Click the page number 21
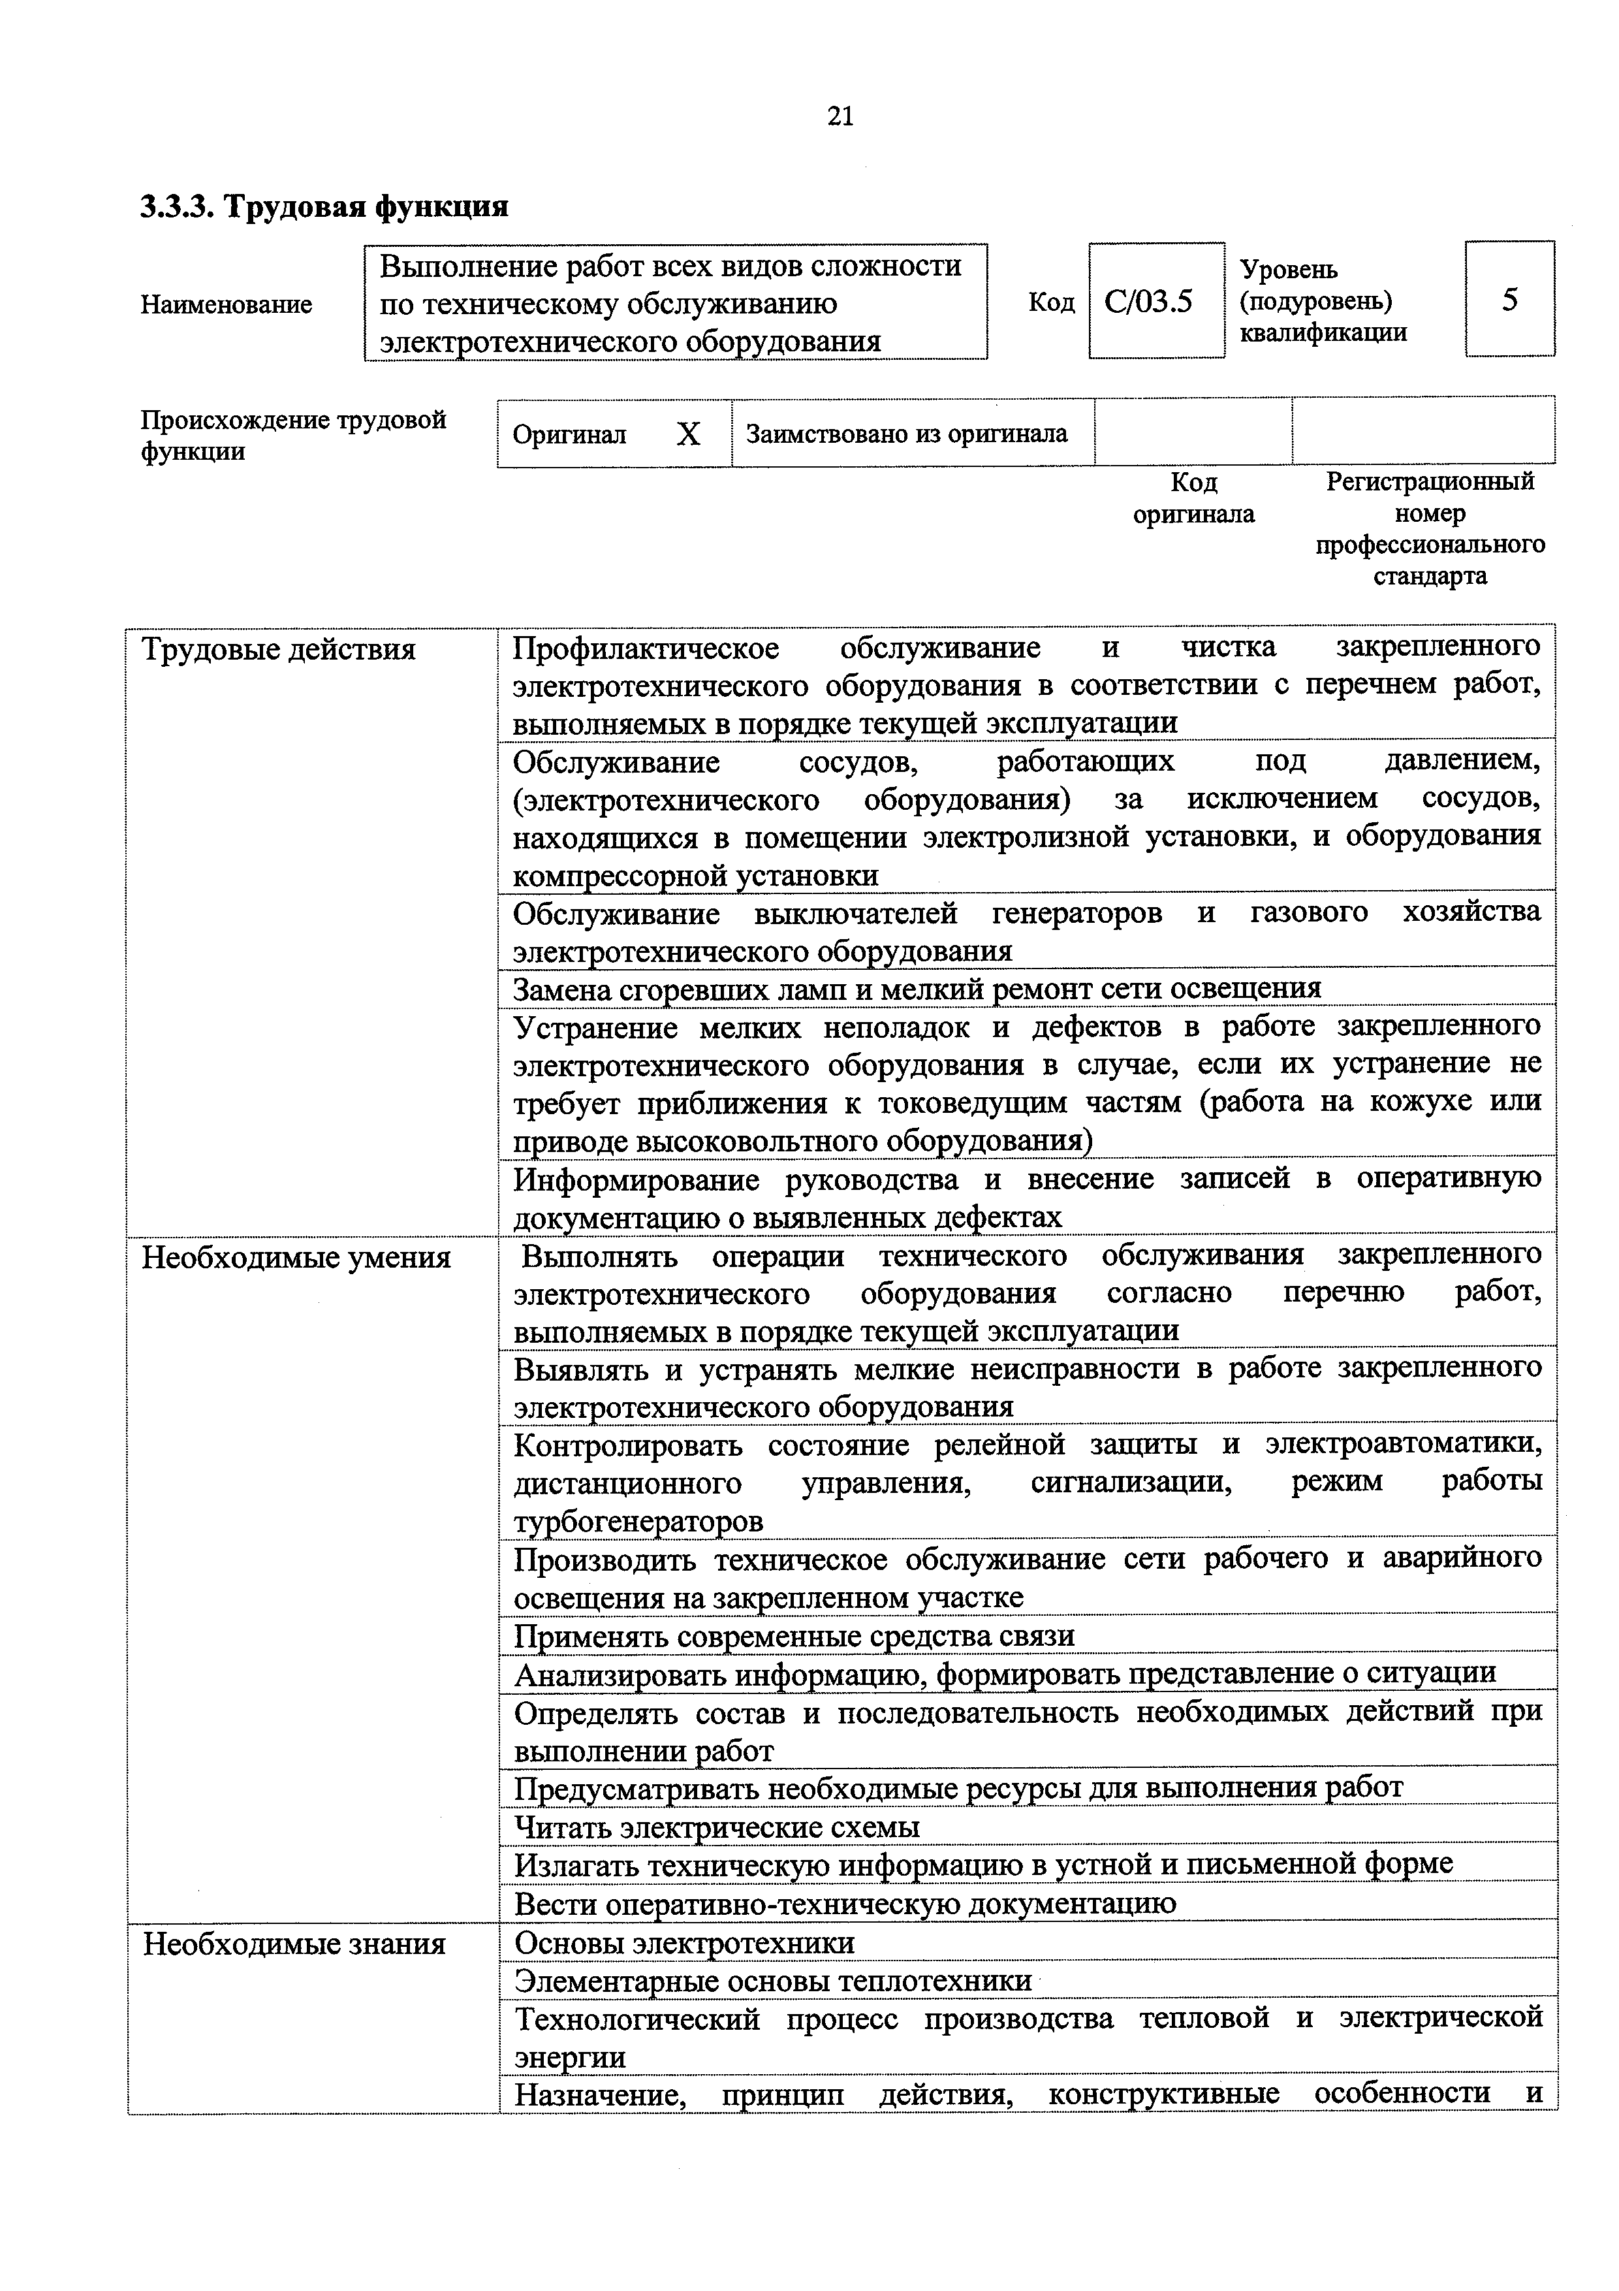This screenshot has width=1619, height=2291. pos(840,117)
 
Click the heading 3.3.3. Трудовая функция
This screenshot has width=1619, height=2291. pos(324,206)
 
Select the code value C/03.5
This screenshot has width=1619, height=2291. pos(1148,301)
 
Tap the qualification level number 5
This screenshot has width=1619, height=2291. pos(1509,299)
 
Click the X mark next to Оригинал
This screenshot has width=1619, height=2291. pos(687,434)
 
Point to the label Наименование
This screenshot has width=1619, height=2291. pos(227,303)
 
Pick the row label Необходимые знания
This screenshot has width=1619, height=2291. pos(294,1944)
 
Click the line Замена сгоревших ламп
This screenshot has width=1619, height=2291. pos(916,988)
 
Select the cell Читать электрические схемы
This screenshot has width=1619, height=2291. pos(716,1827)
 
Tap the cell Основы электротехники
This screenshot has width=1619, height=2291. pos(684,1943)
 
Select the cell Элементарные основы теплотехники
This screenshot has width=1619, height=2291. pos(773,1981)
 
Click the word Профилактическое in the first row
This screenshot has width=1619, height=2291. pos(646,648)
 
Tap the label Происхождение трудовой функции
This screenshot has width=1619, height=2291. pos(293,435)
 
